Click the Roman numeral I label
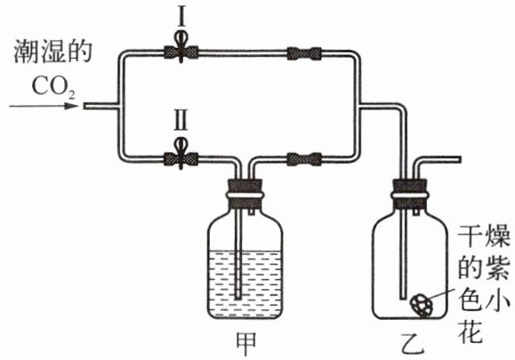tap(181, 16)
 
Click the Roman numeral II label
tap(181, 120)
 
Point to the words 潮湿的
tap(52, 52)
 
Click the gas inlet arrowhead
tap(71, 106)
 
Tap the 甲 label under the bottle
tap(246, 344)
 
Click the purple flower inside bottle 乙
tap(422, 305)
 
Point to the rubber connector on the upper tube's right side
tap(304, 53)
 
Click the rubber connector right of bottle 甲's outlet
tap(304, 159)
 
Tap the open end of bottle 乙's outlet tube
tap(460, 160)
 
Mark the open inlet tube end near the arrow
tap(84, 106)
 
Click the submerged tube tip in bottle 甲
tap(238, 298)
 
